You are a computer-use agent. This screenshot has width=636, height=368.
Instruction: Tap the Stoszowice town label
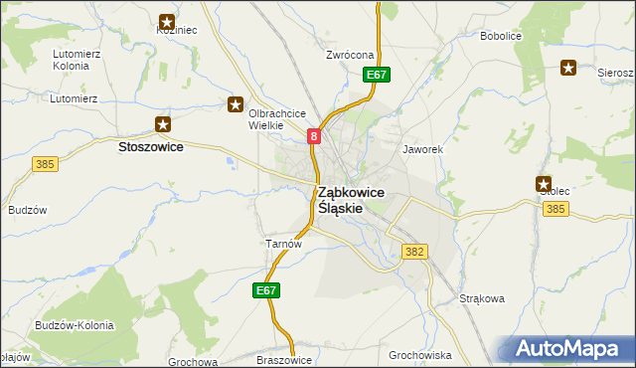tap(150, 146)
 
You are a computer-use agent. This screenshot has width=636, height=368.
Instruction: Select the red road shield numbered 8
tap(314, 137)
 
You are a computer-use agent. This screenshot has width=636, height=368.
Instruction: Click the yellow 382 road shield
tap(415, 253)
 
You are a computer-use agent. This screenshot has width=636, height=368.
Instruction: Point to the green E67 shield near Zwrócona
tap(376, 75)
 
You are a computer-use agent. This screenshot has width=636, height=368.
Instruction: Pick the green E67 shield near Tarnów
tap(265, 290)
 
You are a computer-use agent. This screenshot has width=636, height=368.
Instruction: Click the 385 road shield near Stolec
tap(556, 209)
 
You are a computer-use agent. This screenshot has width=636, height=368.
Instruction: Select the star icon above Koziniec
tap(167, 21)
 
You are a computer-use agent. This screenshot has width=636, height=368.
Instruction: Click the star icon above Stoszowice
tap(163, 124)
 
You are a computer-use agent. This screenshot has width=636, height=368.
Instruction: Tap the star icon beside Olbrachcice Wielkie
tap(236, 103)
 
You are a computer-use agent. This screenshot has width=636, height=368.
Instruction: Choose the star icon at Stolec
tap(544, 184)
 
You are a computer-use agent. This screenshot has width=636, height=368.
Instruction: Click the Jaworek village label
tap(421, 149)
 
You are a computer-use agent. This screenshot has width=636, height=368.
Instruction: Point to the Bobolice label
tap(502, 37)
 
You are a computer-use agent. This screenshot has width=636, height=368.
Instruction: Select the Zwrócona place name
tap(349, 55)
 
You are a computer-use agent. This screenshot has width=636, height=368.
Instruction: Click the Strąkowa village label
tap(483, 297)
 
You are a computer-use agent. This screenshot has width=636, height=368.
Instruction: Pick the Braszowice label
tap(284, 360)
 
